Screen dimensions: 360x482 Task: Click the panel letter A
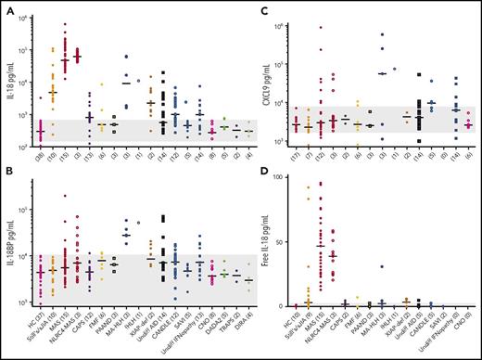(6, 8)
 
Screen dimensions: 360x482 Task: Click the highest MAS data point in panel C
(320, 28)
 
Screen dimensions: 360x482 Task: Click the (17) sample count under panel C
(295, 159)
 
